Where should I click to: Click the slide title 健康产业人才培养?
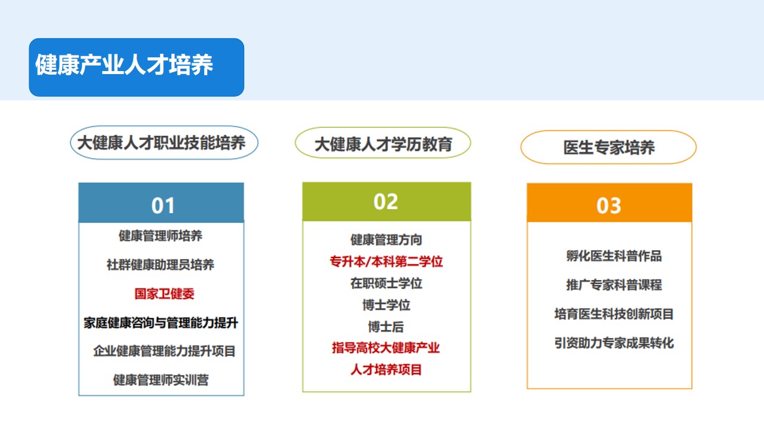(x=124, y=65)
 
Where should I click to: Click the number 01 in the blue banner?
(x=163, y=206)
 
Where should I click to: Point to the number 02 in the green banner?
(x=386, y=202)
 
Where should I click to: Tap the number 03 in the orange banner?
(x=609, y=206)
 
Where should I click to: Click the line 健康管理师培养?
(x=161, y=236)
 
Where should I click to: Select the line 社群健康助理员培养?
(x=161, y=265)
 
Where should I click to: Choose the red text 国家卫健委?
(x=164, y=294)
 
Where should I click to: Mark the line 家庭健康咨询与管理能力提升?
(x=161, y=323)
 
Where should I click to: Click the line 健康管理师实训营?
(x=161, y=380)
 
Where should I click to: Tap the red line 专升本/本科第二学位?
(x=386, y=262)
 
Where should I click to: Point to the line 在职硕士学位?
(x=386, y=283)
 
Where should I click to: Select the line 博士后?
(x=386, y=327)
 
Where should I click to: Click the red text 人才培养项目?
(x=386, y=370)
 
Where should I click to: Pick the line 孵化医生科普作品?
(x=614, y=256)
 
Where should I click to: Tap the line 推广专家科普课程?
(x=614, y=285)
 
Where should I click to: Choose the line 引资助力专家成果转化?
(x=614, y=343)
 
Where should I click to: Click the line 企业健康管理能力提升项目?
(x=164, y=351)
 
